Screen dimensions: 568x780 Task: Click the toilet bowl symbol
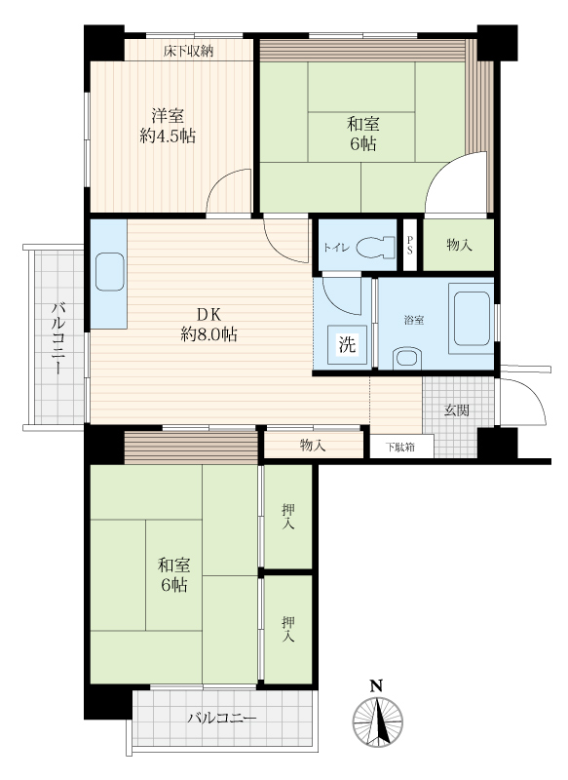(x=376, y=247)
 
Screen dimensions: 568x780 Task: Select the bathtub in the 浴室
(x=472, y=319)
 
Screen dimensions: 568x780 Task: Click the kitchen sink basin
(x=110, y=272)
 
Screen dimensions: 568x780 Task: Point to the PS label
(x=410, y=246)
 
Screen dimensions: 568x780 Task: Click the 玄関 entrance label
(x=457, y=410)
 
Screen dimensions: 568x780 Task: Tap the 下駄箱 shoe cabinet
(x=402, y=447)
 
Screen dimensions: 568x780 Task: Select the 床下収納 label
(x=188, y=51)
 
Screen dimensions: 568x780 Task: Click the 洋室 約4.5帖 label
(x=168, y=127)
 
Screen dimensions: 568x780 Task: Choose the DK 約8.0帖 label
(x=208, y=325)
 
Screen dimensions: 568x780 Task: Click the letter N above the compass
(x=376, y=686)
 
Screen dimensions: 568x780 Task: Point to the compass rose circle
(x=378, y=721)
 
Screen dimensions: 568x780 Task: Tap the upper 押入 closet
(x=287, y=517)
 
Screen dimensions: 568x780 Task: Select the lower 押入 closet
(x=287, y=629)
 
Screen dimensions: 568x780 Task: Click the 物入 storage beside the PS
(x=459, y=245)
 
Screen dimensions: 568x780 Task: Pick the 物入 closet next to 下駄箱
(x=313, y=445)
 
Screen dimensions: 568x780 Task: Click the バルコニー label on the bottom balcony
(x=222, y=719)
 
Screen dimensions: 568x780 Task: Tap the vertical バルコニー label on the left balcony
(x=57, y=338)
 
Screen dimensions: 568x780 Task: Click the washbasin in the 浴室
(x=407, y=358)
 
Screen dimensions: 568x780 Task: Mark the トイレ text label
(x=337, y=248)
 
